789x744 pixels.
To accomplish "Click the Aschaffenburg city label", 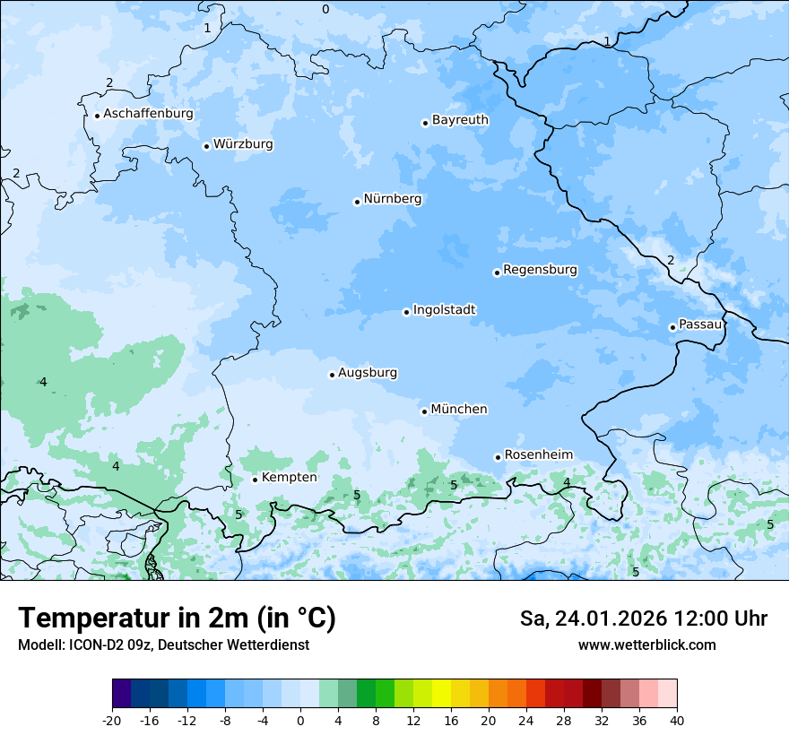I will (148, 114).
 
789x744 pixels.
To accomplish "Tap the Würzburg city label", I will (243, 144).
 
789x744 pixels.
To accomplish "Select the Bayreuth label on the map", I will (460, 120).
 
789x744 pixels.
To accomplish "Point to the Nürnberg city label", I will (392, 199).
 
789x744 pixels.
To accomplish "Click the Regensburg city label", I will (540, 270).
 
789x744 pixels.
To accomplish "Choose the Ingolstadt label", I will (444, 310).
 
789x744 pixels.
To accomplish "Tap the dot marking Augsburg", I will (332, 375).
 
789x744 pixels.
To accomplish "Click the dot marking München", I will (424, 411).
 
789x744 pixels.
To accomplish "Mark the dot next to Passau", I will (672, 327).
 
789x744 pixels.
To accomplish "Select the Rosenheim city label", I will (538, 455).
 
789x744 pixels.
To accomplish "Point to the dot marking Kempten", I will (255, 480).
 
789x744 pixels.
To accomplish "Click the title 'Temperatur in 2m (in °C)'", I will (177, 619).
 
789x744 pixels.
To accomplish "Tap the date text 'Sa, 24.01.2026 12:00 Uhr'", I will (643, 619).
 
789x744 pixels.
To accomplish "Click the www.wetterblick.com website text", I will (646, 645).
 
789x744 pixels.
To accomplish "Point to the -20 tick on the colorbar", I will (112, 721).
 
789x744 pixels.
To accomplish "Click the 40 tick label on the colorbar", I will (676, 721).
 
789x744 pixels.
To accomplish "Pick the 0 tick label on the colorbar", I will (300, 721).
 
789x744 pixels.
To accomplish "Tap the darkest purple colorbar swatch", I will (121, 694).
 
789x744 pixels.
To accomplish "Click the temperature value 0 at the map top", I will (325, 9).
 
